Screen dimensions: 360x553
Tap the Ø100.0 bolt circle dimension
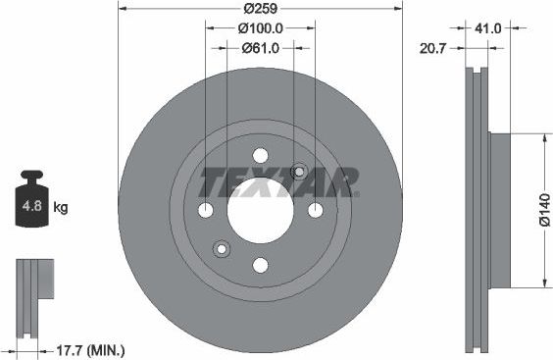[260, 28]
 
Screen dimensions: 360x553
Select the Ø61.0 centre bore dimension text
[260, 47]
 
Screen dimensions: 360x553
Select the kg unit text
[61, 207]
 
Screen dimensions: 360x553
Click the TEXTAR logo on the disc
[279, 182]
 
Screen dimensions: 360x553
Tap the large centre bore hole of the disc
[260, 210]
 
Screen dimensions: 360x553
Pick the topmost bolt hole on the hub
[260, 155]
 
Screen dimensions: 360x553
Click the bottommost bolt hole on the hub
[260, 265]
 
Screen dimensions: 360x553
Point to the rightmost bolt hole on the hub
[315, 210]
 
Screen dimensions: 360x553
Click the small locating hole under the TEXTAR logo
[298, 172]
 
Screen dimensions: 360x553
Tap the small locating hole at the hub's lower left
[222, 248]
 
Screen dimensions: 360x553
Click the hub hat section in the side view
[498, 210]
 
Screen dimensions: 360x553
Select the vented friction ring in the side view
[477, 210]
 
